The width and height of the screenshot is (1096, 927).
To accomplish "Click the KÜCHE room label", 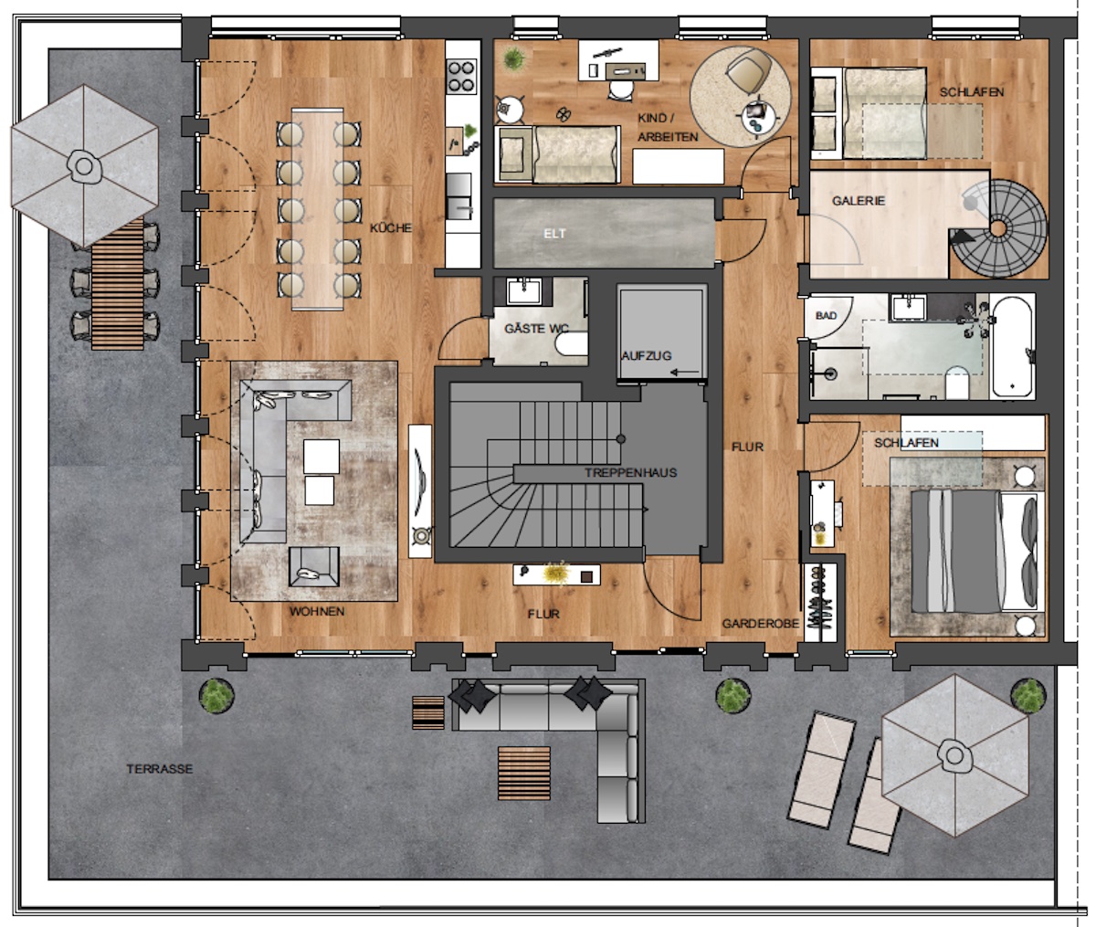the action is point(391,228).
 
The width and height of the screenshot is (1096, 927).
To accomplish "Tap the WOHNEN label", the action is point(317,612).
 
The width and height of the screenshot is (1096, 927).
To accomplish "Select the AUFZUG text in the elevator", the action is point(647,356).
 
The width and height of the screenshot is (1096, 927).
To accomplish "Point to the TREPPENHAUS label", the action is point(631,472).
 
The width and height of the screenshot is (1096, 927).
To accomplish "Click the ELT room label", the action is point(554,233).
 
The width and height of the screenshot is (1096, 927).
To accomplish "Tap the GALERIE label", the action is point(859,201).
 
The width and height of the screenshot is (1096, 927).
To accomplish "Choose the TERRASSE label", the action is point(160,769).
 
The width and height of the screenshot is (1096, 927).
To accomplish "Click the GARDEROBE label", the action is point(761,624).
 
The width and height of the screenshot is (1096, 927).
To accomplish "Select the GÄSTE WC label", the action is point(537,329).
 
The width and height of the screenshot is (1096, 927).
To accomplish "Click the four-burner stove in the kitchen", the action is point(461,78).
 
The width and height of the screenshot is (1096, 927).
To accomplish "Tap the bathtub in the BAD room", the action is point(1012,347).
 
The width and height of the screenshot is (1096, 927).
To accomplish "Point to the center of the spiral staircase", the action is point(998,228).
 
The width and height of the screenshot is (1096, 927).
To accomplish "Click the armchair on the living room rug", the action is point(314,566).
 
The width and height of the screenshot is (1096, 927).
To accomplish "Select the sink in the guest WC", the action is point(524,291).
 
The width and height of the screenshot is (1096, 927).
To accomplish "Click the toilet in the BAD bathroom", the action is point(957,383).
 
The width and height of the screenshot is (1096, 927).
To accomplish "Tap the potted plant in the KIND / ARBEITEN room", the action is point(514,58).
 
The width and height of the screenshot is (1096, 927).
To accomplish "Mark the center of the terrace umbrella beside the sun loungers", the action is point(954,755).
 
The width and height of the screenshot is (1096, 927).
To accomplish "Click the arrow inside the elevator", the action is point(684,373).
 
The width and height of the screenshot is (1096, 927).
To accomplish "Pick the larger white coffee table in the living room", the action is point(321,457).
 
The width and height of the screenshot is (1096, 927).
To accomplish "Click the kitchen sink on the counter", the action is point(459,196).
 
